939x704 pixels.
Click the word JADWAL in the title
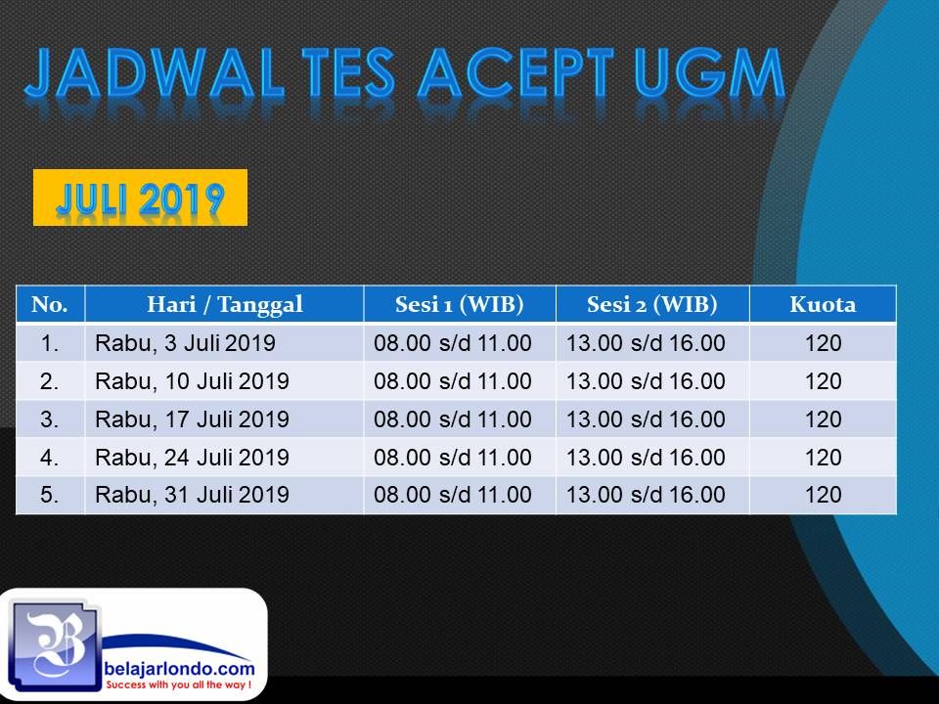pos(154,73)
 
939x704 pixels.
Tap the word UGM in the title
pos(709,73)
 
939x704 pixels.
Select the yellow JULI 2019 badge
pos(140,198)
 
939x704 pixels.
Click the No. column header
pos(49,305)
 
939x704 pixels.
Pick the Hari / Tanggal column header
pos(225,305)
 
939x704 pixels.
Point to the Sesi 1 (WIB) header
pos(460,305)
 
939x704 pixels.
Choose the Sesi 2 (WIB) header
pos(652,305)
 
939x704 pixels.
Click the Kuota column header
pos(823,305)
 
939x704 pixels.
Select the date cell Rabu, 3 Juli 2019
pos(185,343)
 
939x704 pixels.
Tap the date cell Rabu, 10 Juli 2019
pos(193,380)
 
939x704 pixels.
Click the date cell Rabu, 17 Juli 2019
pos(193,419)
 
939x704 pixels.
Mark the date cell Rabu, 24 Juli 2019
pos(193,458)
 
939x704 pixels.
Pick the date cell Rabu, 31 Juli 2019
pos(193,495)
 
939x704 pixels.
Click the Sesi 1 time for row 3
pos(453,419)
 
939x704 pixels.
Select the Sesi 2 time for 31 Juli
pos(646,495)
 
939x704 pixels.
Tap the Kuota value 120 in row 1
pos(824,343)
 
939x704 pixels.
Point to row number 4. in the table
pos(49,458)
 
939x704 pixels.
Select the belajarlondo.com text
pos(180,669)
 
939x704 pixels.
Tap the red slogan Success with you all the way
pos(178,684)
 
